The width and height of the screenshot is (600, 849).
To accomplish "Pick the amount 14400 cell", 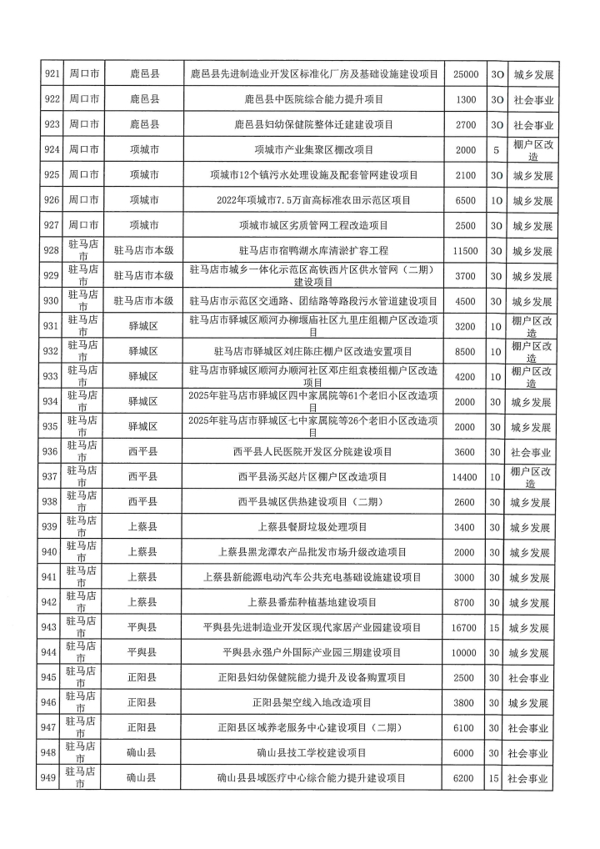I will tap(465, 477).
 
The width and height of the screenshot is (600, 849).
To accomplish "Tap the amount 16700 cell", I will tap(465, 627).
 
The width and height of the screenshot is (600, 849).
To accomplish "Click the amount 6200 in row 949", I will tap(465, 778).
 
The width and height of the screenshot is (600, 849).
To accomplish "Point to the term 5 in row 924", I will tap(496, 150).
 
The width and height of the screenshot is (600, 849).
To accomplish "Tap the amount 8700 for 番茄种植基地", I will tap(465, 602).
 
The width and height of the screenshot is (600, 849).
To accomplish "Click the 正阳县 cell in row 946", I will tap(142, 703).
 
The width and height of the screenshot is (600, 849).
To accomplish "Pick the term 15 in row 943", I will tap(496, 627).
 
